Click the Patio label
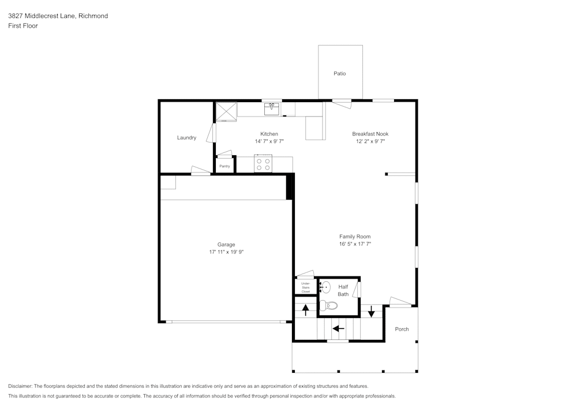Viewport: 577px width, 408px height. click(x=340, y=74)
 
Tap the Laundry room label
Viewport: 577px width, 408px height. click(x=186, y=138)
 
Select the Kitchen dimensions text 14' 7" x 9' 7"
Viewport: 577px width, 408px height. click(x=269, y=141)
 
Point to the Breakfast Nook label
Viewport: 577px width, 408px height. click(x=370, y=134)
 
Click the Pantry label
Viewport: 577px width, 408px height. click(x=224, y=166)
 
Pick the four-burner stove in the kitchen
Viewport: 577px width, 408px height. click(x=263, y=164)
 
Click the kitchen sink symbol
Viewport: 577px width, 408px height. click(x=272, y=109)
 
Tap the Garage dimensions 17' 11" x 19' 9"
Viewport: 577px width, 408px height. click(x=226, y=252)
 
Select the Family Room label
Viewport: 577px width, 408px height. click(x=355, y=237)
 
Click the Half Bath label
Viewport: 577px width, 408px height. click(x=343, y=290)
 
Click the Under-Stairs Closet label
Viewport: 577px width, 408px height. click(x=305, y=287)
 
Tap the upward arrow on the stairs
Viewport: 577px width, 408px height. click(x=306, y=309)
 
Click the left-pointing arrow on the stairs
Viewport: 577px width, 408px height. click(x=338, y=329)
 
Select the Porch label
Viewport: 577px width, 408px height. click(x=402, y=330)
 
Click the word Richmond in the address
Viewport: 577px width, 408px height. click(x=93, y=16)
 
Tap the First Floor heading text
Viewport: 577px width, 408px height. click(x=23, y=26)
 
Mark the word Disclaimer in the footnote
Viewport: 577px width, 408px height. click(x=20, y=386)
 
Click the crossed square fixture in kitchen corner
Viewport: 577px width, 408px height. click(x=226, y=111)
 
